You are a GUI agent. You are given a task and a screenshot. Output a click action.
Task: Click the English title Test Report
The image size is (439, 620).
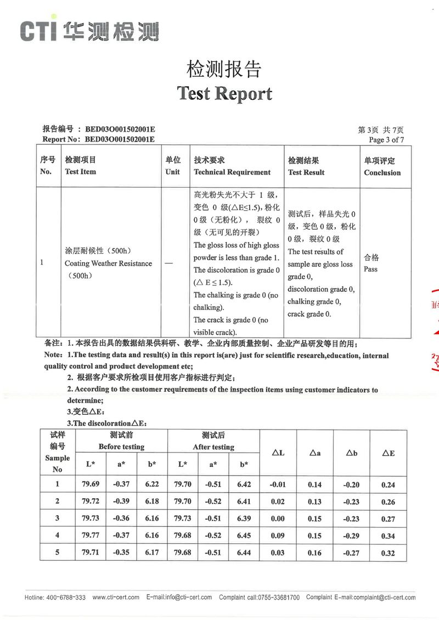pyautogui.click(x=224, y=93)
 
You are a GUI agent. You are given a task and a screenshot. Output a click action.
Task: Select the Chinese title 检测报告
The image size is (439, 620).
pyautogui.click(x=224, y=69)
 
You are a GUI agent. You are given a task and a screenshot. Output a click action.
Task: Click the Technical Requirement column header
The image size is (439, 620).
pyautogui.click(x=232, y=172)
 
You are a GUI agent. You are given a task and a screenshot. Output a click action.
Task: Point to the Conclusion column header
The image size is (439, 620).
pyautogui.click(x=382, y=172)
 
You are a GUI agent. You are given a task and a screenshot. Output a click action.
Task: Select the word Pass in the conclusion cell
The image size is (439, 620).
pyautogui.click(x=370, y=269)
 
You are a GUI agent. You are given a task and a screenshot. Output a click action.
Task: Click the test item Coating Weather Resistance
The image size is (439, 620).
pyautogui.click(x=108, y=263)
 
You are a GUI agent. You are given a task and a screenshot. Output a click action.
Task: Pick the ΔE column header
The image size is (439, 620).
pyautogui.click(x=388, y=453)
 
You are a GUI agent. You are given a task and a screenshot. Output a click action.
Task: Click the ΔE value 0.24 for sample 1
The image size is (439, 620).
pyautogui.click(x=388, y=485)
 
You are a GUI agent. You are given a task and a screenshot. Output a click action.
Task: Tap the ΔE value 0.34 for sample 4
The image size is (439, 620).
pyautogui.click(x=388, y=536)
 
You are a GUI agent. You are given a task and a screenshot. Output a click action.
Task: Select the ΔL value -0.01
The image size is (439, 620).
pyautogui.click(x=278, y=485)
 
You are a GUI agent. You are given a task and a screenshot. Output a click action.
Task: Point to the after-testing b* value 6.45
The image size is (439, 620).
pyautogui.click(x=244, y=536)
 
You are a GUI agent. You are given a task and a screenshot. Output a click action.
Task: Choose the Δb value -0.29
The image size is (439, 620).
pyautogui.click(x=351, y=536)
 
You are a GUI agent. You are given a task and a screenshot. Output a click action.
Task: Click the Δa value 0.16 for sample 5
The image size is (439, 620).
pyautogui.click(x=315, y=553)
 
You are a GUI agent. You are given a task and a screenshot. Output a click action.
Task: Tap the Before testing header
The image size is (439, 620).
pyautogui.click(x=121, y=447)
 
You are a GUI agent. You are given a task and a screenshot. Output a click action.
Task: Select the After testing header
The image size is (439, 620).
pyautogui.click(x=213, y=447)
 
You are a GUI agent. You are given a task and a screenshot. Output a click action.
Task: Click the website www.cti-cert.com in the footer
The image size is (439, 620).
pyautogui.click(x=116, y=598)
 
